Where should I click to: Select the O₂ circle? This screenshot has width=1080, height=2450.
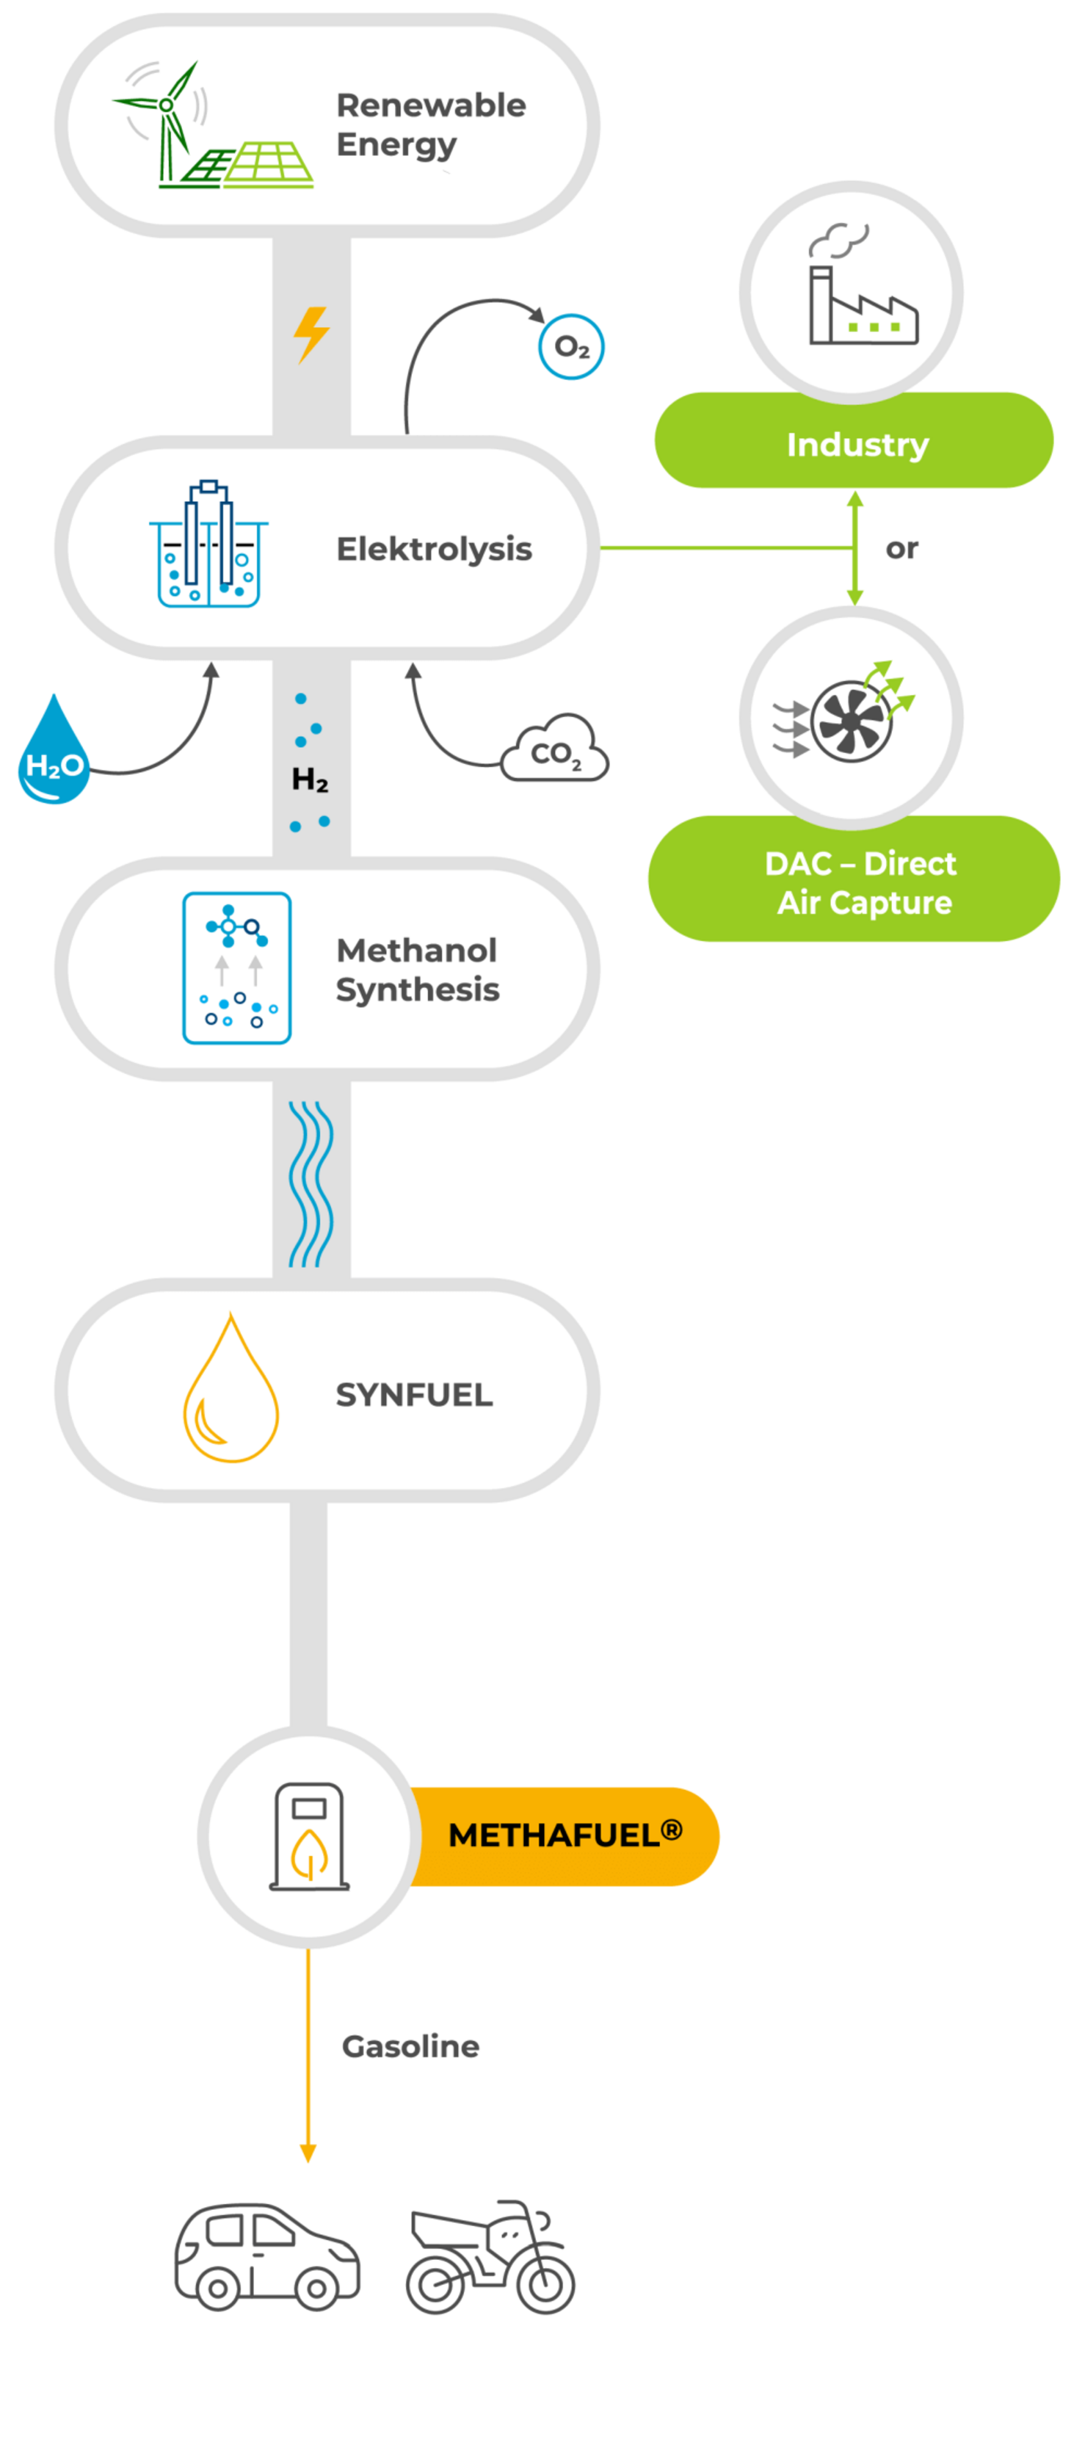pyautogui.click(x=571, y=346)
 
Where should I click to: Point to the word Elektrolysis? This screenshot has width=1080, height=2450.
pyautogui.click(x=434, y=549)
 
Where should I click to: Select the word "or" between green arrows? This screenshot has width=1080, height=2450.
pyautogui.click(x=901, y=549)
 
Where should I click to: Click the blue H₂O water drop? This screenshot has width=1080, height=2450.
pyautogui.click(x=53, y=751)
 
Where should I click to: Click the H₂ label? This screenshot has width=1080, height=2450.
pyautogui.click(x=310, y=780)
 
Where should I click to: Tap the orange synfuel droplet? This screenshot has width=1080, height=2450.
pyautogui.click(x=230, y=1391)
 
